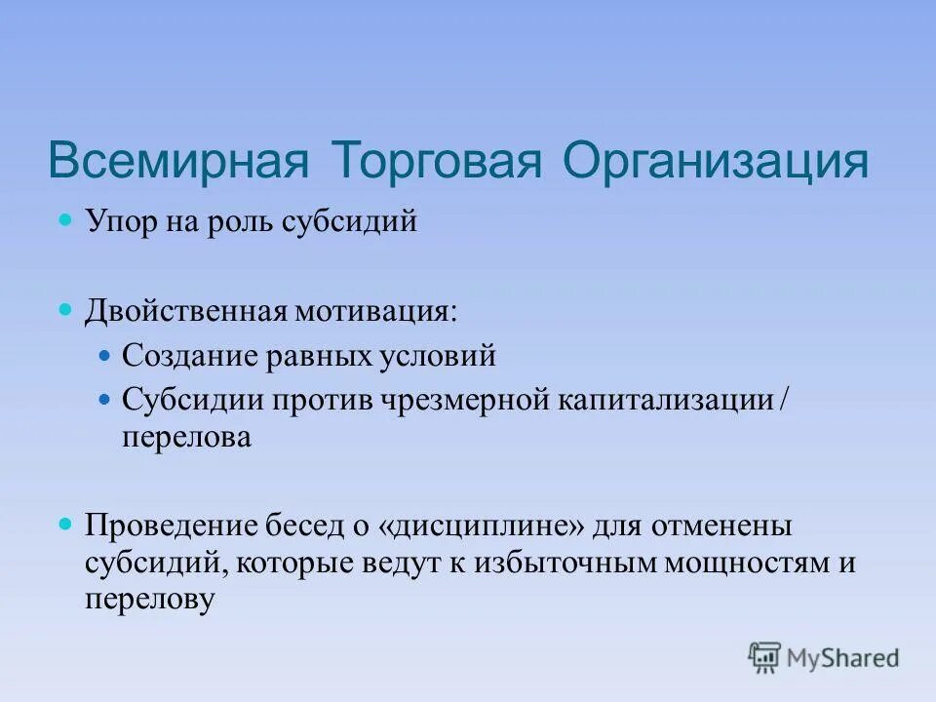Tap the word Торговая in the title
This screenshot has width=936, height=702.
436,161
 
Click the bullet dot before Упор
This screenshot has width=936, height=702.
66,221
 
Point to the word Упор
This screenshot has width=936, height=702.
118,223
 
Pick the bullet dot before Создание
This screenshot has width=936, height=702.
107,356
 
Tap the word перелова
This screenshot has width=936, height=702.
187,438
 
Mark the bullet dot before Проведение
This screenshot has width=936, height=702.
66,525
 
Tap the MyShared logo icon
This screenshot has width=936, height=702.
765,658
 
